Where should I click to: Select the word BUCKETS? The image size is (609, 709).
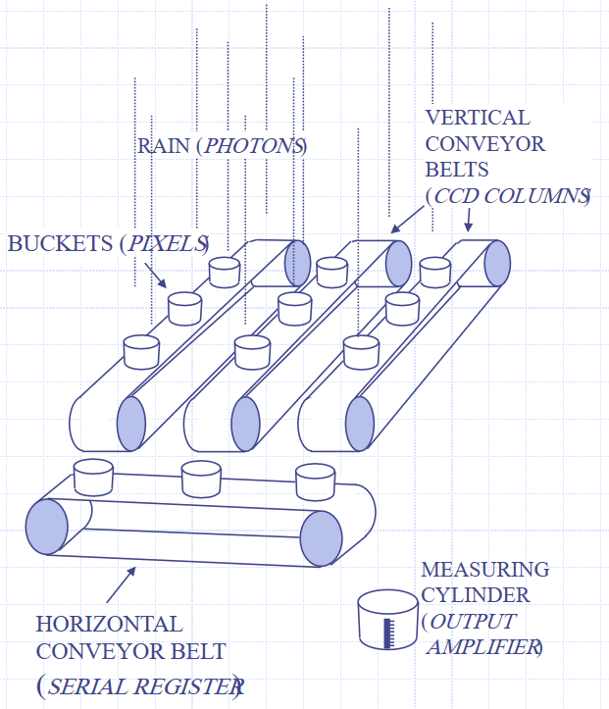pyautogui.click(x=60, y=243)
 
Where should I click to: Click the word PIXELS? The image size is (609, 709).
pyautogui.click(x=166, y=243)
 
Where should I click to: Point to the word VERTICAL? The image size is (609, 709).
pyautogui.click(x=477, y=118)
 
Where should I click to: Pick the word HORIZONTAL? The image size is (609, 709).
pyautogui.click(x=109, y=624)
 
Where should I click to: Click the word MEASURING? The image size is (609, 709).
pyautogui.click(x=484, y=570)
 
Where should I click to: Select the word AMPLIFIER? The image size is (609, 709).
pyautogui.click(x=482, y=646)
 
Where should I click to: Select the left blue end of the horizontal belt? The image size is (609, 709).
pyautogui.click(x=46, y=525)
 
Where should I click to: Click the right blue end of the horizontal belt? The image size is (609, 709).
pyautogui.click(x=321, y=537)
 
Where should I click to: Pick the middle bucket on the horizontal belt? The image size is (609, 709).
pyautogui.click(x=201, y=479)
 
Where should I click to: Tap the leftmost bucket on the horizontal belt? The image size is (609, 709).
pyautogui.click(x=95, y=477)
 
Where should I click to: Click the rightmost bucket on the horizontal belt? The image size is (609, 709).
pyautogui.click(x=315, y=481)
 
